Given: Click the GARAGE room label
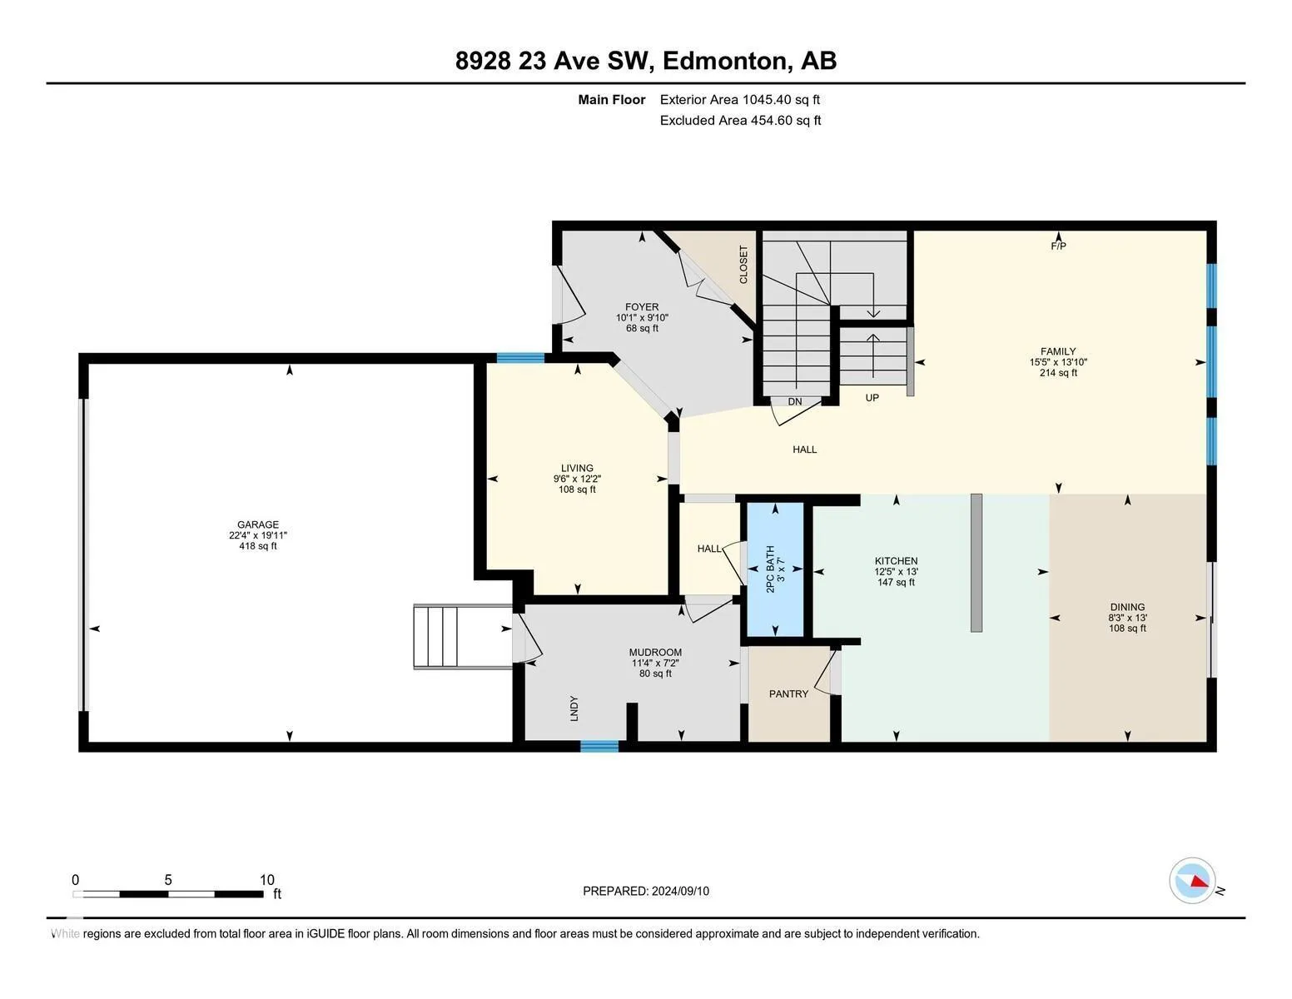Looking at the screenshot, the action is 257,524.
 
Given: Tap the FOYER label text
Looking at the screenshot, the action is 642,306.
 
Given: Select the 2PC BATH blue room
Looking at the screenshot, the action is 775,569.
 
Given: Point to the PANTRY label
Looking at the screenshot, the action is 788,693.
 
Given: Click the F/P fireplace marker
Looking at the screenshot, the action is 1058,246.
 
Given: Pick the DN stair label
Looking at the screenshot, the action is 795,402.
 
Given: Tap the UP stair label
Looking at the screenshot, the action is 872,398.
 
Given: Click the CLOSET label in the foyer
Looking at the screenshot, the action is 743,265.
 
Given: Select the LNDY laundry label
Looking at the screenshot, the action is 574,708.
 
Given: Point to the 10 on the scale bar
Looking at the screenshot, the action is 267,880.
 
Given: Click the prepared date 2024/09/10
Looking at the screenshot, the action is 680,891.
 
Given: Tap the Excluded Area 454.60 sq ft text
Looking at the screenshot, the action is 740,120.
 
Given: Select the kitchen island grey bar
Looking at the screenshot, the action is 976,562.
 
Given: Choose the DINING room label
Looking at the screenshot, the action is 1127,607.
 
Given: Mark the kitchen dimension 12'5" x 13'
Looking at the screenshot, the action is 896,571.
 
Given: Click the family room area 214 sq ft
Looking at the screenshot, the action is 1058,373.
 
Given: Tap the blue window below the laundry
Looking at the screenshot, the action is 599,746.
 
